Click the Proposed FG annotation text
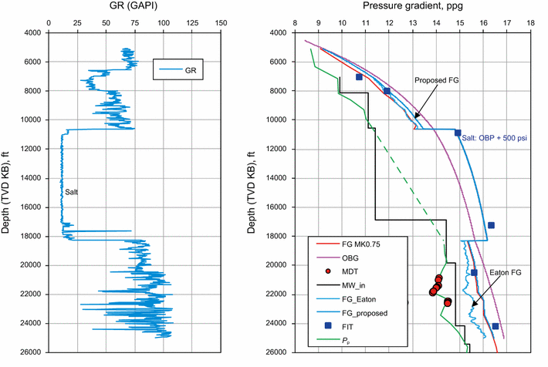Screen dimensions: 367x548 click(x=437, y=80)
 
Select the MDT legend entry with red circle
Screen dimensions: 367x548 click(x=350, y=272)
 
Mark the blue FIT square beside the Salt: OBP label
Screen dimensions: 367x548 click(x=458, y=133)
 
